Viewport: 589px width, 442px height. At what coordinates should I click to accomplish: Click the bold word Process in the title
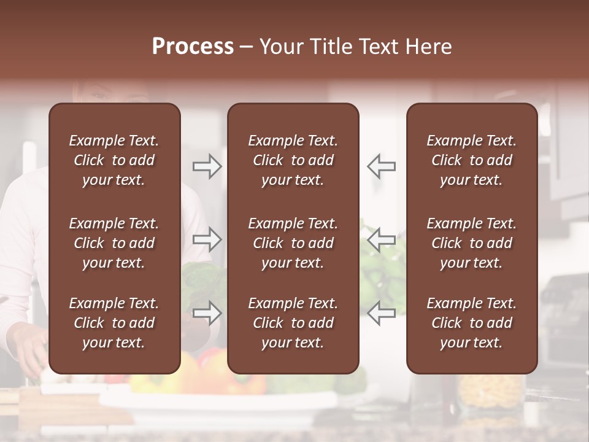point(193,47)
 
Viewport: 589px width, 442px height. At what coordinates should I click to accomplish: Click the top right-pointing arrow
point(207,166)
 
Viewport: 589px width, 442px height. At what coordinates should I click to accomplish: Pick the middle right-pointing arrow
point(207,239)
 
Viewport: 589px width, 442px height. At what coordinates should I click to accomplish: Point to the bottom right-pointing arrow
point(207,312)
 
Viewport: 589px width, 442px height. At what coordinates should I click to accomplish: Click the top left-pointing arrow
point(381,166)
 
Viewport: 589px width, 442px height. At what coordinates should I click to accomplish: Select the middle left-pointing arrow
point(381,239)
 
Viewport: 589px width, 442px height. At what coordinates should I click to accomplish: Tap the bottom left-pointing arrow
point(381,312)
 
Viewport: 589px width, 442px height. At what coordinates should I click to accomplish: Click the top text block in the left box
point(114,160)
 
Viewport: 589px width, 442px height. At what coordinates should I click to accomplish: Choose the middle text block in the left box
point(114,243)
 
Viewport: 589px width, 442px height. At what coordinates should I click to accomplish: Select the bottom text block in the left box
point(114,323)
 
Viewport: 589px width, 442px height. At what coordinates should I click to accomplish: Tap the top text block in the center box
point(293,160)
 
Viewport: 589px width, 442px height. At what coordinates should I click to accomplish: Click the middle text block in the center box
point(293,243)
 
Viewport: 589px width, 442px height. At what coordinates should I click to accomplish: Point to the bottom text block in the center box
point(293,323)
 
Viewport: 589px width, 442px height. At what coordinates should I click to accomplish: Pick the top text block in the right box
point(471,160)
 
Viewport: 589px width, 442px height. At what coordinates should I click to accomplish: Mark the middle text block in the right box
point(471,243)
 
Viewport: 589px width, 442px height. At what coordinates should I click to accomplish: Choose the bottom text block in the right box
point(471,323)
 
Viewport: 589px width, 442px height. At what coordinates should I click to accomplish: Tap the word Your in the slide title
point(280,47)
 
